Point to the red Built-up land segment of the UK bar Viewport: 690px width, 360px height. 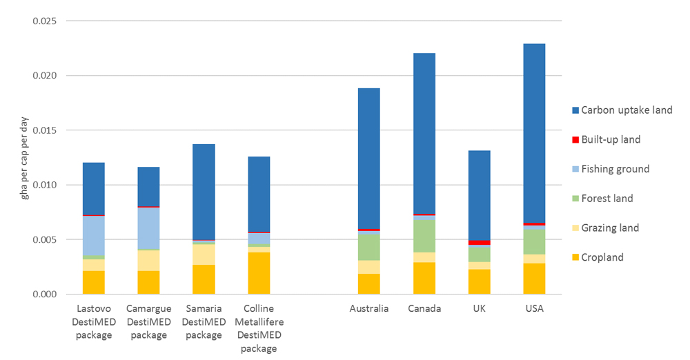[480, 242]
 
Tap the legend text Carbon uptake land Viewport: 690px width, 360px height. [627, 110]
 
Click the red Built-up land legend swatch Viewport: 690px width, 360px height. [574, 140]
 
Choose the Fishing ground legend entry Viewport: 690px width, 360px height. [615, 169]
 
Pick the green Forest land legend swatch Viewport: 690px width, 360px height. [574, 199]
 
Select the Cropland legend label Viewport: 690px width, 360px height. [602, 257]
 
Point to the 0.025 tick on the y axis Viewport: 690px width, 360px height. [45, 21]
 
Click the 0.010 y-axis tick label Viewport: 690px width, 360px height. [45, 185]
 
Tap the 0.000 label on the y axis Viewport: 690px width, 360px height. [45, 294]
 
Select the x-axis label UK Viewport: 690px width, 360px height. [480, 308]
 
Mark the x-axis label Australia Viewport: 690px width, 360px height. [368, 308]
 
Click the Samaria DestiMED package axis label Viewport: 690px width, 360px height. [204, 322]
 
